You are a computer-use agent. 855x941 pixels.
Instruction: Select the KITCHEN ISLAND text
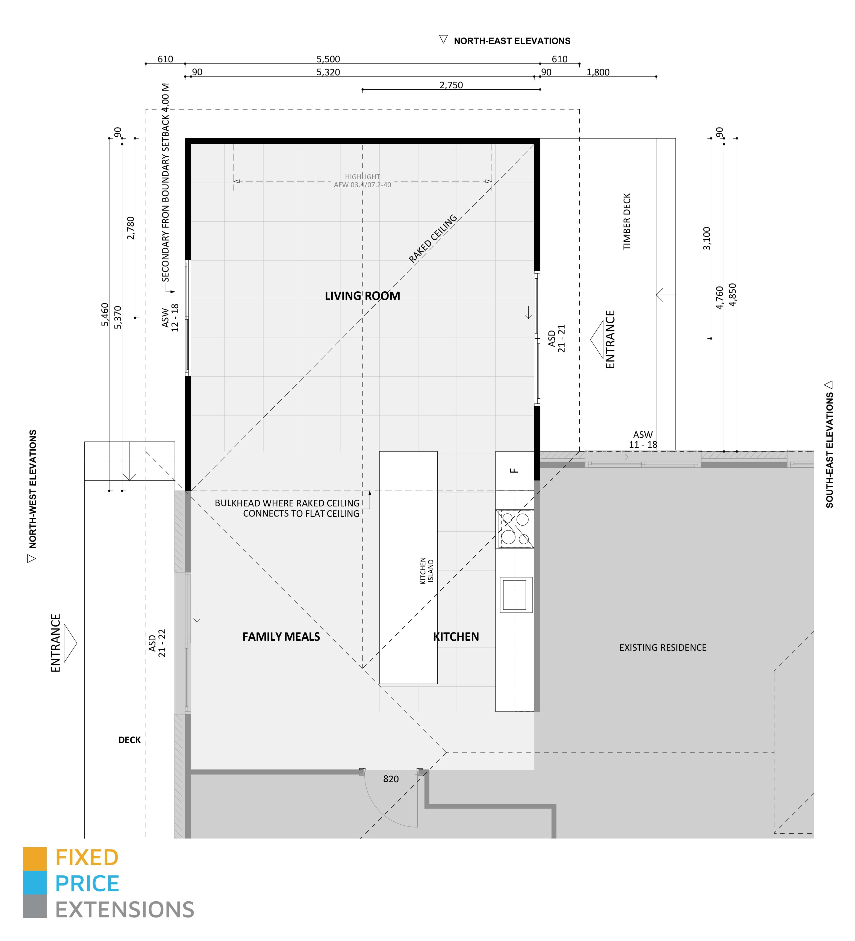[x=426, y=570]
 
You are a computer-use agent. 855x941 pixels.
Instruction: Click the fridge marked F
[x=514, y=471]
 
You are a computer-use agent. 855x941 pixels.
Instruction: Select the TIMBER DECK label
[x=626, y=222]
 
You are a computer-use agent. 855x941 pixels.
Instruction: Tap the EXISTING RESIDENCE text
[x=662, y=647]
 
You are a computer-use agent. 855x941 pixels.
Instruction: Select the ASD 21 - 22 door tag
[x=157, y=643]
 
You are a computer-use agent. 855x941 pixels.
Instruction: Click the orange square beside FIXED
[x=34, y=859]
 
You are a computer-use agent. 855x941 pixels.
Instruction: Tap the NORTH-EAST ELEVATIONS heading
[x=512, y=41]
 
